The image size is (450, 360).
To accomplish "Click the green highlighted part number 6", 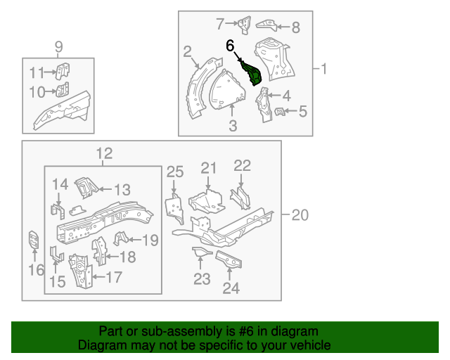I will click(252, 73).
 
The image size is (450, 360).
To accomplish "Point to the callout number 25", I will click(175, 172).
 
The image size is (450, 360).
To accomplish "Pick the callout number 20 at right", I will click(300, 216).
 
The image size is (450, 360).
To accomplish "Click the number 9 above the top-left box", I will click(59, 47).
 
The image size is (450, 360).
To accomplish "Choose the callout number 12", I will click(103, 153).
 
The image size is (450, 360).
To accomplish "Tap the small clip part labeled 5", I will click(279, 112).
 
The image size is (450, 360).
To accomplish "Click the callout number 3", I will click(233, 127).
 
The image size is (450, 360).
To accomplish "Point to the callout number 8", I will click(295, 28).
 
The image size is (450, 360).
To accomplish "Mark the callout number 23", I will click(202, 280).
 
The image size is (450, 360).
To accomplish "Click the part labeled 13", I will click(85, 187).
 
